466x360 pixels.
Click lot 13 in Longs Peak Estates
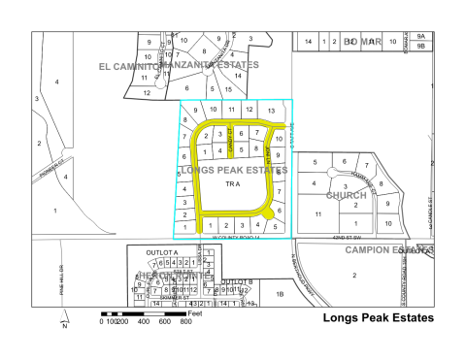pos(273,112)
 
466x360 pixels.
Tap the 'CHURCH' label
pos(347,195)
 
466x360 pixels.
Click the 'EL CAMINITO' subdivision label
pos(128,66)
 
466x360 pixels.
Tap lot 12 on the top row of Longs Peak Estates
pos(250,111)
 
